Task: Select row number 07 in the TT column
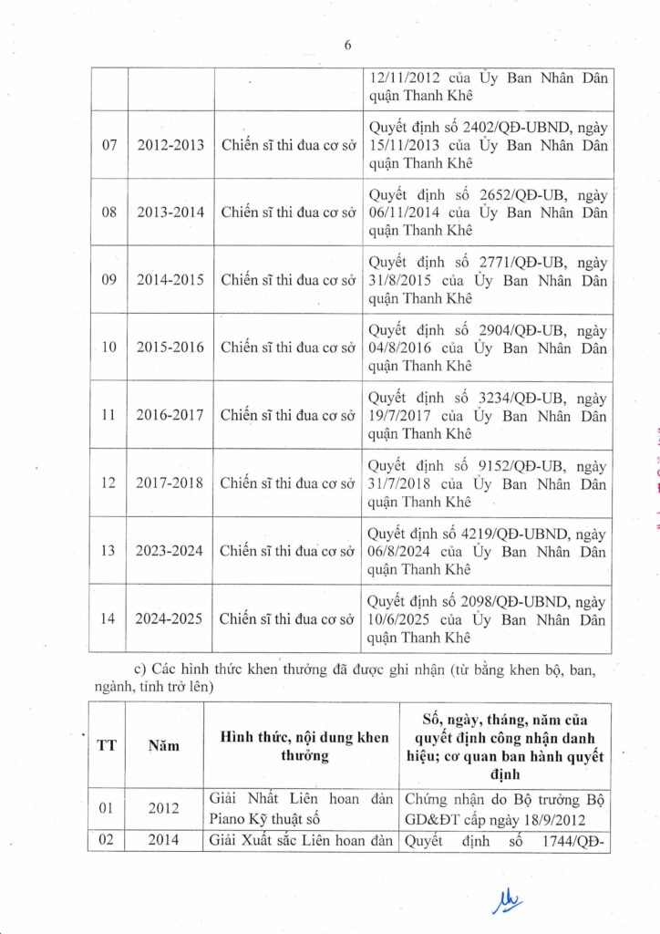coord(108,145)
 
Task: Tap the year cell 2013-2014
coord(170,213)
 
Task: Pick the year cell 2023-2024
coord(170,550)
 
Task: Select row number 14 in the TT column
coord(108,618)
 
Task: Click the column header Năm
coord(164,745)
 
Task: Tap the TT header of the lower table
coord(107,745)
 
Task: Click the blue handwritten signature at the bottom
coord(508,902)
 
